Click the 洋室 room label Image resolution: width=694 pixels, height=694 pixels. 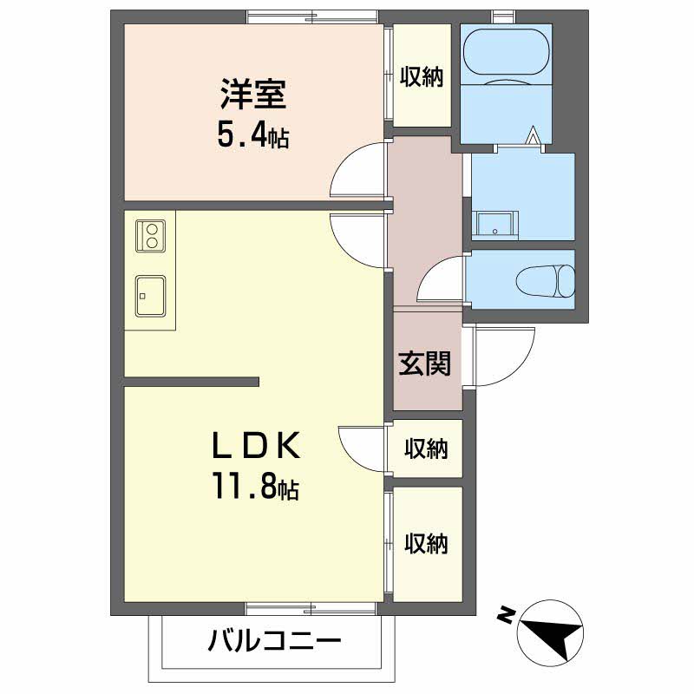tap(252, 95)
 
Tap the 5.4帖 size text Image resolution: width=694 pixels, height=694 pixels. tap(252, 136)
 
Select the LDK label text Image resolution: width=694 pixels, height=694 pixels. tap(257, 447)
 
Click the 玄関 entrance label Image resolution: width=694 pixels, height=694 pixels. tap(425, 363)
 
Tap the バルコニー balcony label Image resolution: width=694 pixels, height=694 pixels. tap(274, 643)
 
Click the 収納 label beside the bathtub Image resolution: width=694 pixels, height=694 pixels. tap(422, 76)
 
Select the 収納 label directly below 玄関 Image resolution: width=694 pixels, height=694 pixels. tap(426, 449)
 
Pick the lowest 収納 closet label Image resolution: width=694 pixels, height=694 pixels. tap(426, 544)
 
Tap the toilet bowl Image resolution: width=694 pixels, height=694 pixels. tap(545, 280)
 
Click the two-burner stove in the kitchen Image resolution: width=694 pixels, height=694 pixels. tap(150, 237)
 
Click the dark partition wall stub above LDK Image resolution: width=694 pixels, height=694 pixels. tap(192, 381)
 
